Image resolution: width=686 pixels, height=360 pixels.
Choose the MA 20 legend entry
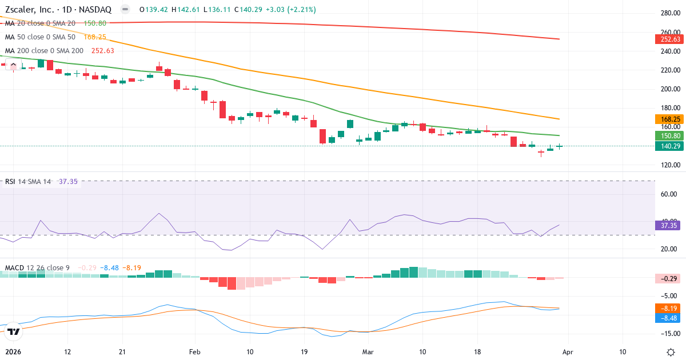(x=39, y=23)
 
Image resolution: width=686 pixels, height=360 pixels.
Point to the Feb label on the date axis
(x=196, y=352)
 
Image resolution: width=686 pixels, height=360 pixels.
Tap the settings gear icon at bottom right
(x=672, y=352)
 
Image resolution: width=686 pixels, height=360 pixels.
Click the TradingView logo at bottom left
(x=14, y=331)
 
